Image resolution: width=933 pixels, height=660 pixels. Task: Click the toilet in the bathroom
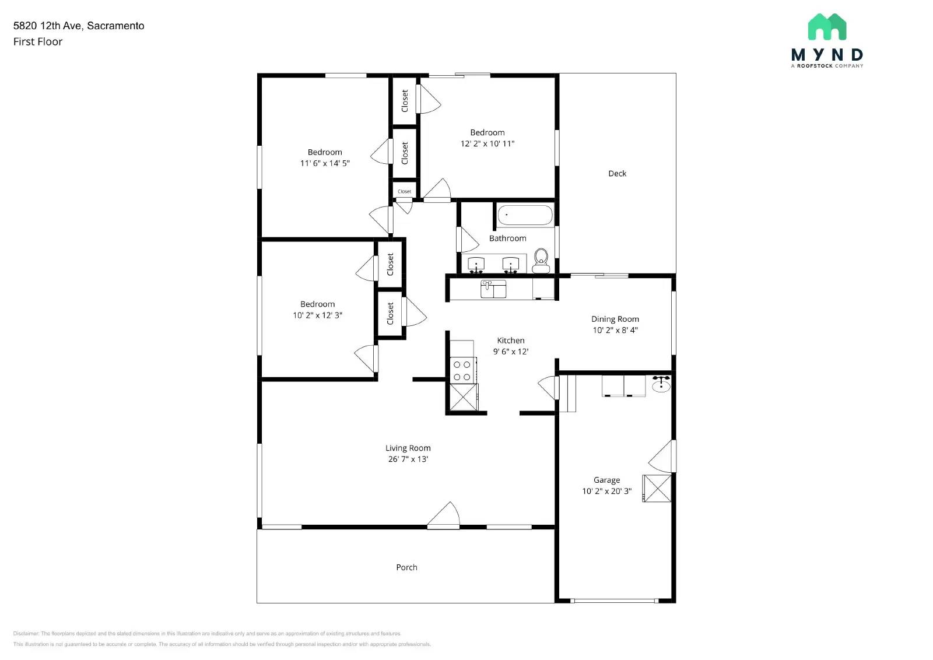click(541, 259)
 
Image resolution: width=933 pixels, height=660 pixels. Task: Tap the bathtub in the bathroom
click(524, 215)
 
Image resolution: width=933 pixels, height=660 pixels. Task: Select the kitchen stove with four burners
click(462, 370)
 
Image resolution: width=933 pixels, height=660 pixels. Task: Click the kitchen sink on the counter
click(493, 289)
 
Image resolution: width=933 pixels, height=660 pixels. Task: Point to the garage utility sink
click(661, 385)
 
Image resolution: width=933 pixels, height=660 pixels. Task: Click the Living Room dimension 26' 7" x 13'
click(408, 459)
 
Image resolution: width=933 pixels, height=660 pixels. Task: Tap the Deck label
click(617, 174)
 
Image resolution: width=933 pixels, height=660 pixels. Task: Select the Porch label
click(406, 567)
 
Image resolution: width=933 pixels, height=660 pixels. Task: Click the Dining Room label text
click(615, 319)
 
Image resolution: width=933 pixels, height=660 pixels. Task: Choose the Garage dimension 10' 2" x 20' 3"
click(606, 492)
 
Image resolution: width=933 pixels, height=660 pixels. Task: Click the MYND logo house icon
click(827, 27)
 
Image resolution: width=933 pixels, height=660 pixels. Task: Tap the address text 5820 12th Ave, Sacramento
click(79, 26)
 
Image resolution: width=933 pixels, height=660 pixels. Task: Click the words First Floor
click(38, 42)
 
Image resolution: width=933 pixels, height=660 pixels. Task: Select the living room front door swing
click(445, 515)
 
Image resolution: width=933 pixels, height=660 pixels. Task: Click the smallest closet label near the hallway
click(404, 191)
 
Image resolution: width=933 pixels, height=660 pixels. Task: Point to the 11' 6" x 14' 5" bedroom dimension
click(325, 163)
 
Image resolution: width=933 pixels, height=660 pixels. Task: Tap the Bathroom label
click(507, 238)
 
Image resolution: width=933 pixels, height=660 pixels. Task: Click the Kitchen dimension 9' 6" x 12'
click(511, 352)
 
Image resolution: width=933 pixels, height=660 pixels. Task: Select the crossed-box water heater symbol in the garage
click(657, 488)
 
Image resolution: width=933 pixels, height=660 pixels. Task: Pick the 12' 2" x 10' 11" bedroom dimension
click(487, 143)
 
